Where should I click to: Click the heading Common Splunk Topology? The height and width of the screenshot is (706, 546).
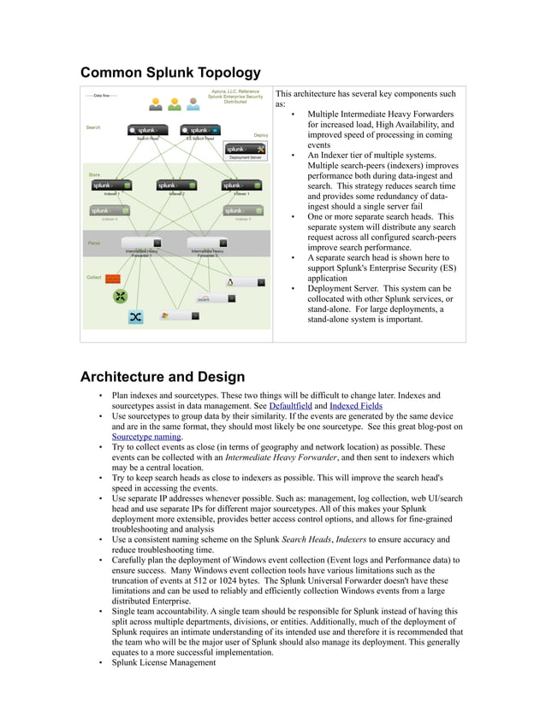click(x=170, y=72)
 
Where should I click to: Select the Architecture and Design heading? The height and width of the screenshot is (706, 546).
click(x=162, y=377)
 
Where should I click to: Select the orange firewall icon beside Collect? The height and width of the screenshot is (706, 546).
click(x=113, y=279)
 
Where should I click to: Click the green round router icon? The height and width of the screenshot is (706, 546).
click(x=121, y=297)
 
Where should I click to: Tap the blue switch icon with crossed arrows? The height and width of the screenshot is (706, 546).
click(x=135, y=317)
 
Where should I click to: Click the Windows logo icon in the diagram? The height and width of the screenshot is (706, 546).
click(x=165, y=315)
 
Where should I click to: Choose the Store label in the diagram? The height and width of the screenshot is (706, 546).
click(x=94, y=174)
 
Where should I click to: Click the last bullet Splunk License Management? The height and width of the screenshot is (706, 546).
click(x=164, y=662)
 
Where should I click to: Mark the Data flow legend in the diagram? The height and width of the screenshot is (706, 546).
click(x=101, y=96)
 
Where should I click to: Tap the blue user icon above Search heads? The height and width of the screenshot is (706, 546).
click(x=193, y=104)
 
